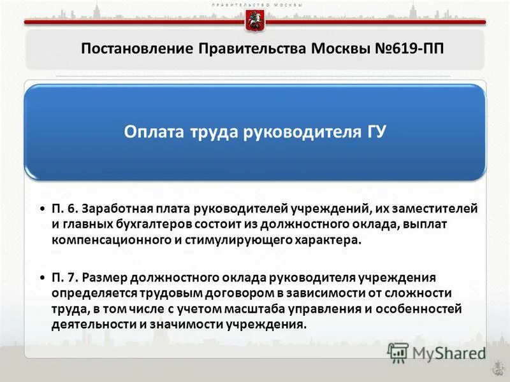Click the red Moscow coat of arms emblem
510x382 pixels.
pos(254,21)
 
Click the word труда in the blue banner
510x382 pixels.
pos(209,132)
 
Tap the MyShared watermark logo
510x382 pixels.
pos(436,352)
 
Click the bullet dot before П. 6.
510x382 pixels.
pos(42,209)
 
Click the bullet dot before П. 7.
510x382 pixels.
pos(42,278)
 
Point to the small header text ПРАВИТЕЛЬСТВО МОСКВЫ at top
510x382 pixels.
pos(255,4)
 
